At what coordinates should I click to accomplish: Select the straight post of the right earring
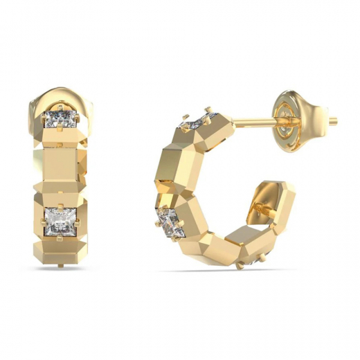click(256, 123)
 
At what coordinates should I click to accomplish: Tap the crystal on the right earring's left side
click(168, 222)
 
